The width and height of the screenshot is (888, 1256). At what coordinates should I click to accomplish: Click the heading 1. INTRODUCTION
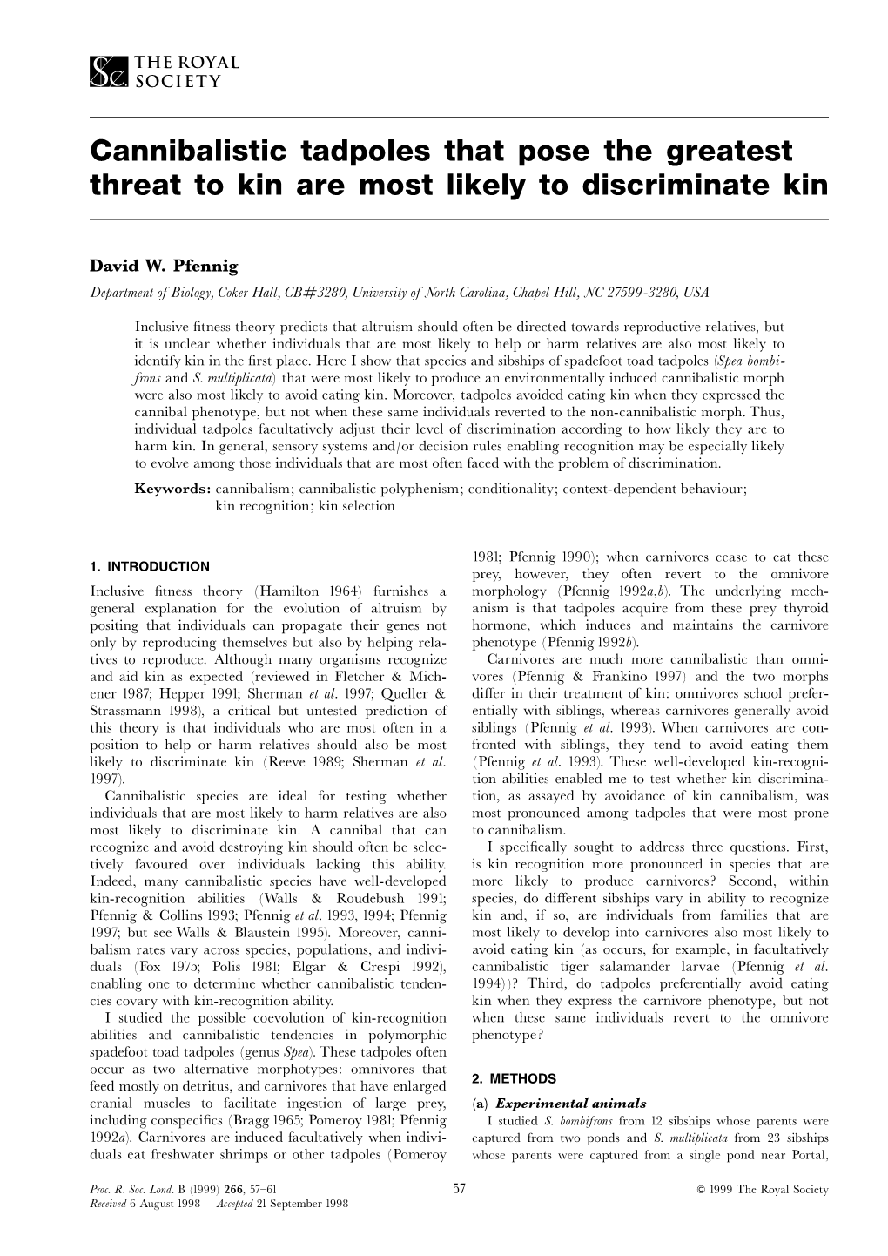tap(149, 567)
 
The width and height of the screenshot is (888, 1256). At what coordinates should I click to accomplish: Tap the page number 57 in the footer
tap(461, 1189)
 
